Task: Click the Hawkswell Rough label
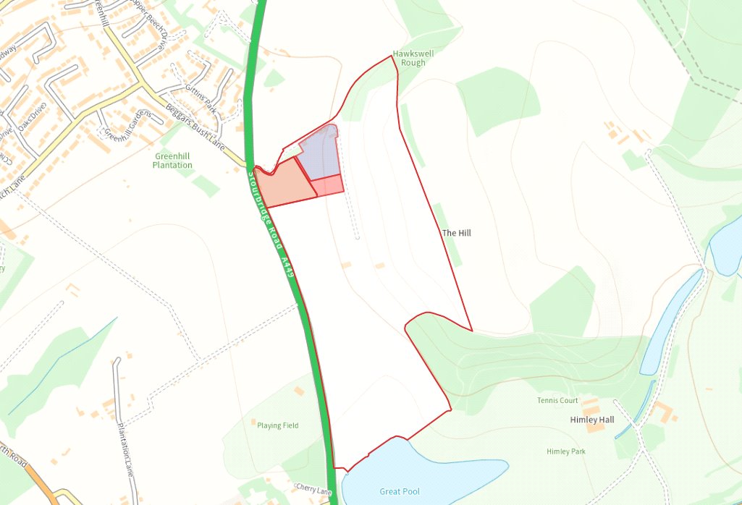point(409,58)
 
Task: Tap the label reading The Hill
point(456,233)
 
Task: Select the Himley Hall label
point(591,420)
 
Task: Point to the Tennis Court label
point(557,400)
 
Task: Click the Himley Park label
point(566,451)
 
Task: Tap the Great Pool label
point(400,492)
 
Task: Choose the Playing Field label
point(277,425)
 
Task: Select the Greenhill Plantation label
point(173,161)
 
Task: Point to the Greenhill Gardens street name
point(127,126)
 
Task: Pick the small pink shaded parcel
point(328,185)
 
